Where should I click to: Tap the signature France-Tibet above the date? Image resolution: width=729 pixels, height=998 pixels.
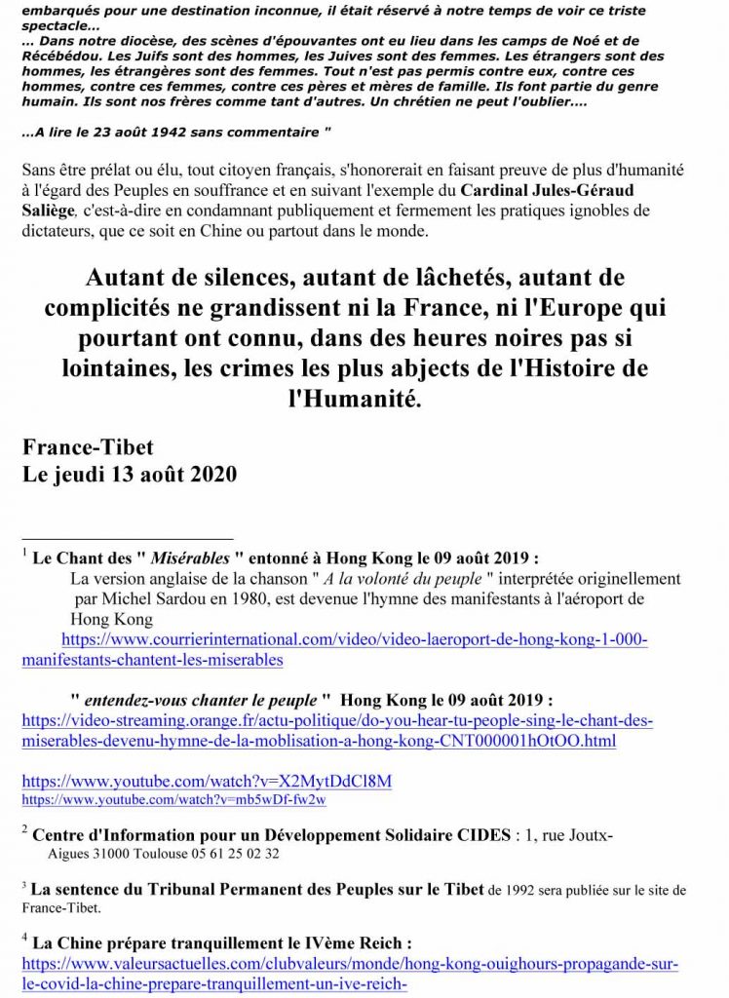pos(88,448)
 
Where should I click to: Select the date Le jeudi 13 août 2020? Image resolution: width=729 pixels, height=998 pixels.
pos(129,476)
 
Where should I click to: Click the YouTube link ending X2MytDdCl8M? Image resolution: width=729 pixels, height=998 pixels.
pos(207,782)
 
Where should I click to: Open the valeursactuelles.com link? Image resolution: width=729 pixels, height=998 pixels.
pos(350,974)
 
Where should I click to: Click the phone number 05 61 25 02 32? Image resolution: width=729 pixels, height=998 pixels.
pos(232,854)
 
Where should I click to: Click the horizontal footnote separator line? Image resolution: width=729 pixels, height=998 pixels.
pos(127,538)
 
